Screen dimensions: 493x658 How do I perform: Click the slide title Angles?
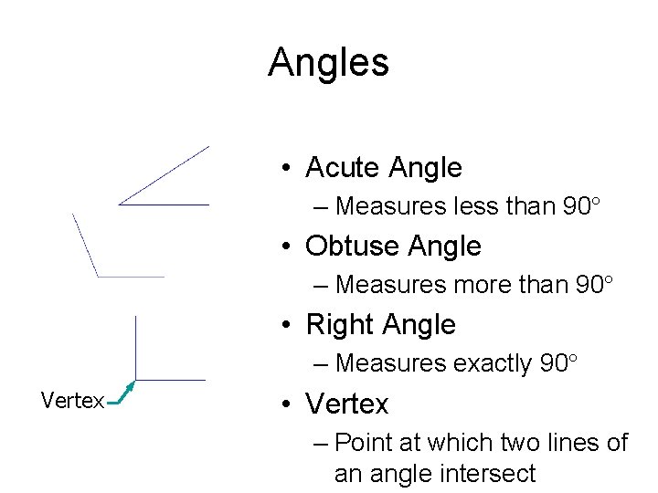point(328,62)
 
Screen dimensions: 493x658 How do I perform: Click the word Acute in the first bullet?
point(344,168)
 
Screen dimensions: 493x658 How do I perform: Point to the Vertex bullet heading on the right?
point(347,404)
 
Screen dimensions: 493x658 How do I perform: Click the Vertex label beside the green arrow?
point(72,401)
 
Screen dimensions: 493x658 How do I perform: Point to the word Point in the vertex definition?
point(363,443)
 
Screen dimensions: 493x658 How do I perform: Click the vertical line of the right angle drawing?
point(135,347)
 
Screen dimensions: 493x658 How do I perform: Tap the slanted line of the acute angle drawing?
point(164,174)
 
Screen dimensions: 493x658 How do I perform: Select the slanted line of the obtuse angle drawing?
point(85,244)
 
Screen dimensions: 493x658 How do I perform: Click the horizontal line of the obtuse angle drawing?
point(131,276)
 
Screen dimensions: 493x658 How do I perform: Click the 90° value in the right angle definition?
point(559,363)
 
